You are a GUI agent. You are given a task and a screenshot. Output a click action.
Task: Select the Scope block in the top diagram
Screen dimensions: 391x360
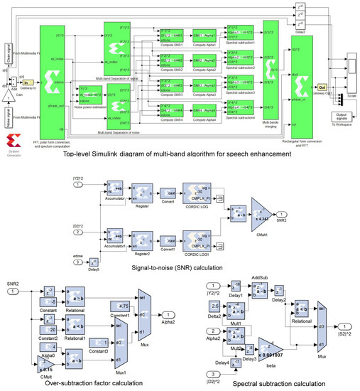[x=353, y=68]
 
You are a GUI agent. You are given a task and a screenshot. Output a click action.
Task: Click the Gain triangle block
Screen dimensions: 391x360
[x=6, y=94]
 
